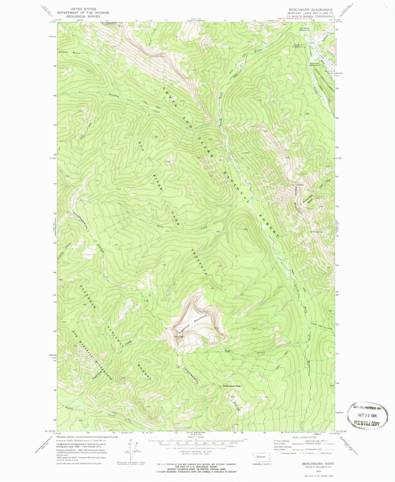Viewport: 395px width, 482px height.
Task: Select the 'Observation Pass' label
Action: [232, 385]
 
